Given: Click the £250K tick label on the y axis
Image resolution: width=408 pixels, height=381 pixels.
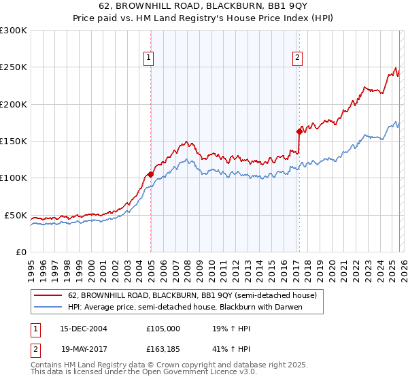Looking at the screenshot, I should point(13,67).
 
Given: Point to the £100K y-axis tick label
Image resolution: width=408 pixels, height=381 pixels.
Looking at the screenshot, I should point(13,178).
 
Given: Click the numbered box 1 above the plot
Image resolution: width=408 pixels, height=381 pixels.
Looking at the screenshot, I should point(148,59).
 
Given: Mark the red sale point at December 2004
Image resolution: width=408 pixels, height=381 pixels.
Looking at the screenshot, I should point(150,174).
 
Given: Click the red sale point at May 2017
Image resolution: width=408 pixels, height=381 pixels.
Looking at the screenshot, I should point(299,131).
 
